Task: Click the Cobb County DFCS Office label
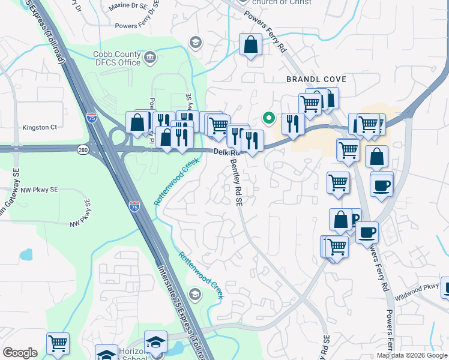pos(117,58)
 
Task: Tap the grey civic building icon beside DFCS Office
pos(149,58)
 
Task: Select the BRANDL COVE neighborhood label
pos(316,79)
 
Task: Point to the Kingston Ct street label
pos(40,127)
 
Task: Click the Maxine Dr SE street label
pos(128,5)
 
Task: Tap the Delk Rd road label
pos(225,152)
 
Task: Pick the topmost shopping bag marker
pos(250,44)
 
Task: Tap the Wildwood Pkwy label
pos(417,295)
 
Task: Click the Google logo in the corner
pos(20,353)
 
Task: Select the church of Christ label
pos(282,2)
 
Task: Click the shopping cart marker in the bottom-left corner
pos(58,344)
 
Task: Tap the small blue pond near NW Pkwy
pos(26,254)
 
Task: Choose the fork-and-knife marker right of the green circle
pos(293,124)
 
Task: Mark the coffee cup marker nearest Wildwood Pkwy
pos(367,231)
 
